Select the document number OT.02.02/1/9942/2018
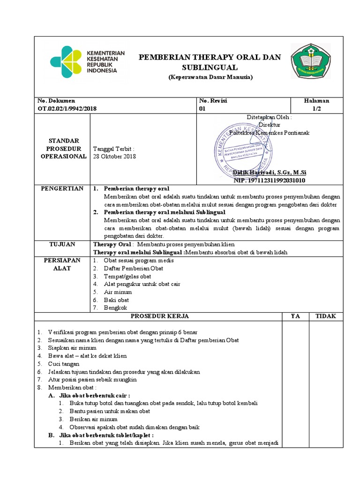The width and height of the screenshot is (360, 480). pyautogui.click(x=67, y=108)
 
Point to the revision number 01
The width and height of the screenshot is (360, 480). pyautogui.click(x=202, y=108)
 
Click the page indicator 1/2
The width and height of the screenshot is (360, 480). pyautogui.click(x=316, y=108)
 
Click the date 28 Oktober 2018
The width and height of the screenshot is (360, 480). pyautogui.click(x=114, y=157)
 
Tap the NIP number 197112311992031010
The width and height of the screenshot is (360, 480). pyautogui.click(x=269, y=180)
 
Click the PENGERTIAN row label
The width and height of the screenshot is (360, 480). pyautogui.click(x=62, y=188)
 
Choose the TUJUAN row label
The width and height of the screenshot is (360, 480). pyautogui.click(x=62, y=244)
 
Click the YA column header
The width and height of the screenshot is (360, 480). pyautogui.click(x=295, y=316)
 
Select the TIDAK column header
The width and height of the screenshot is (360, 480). pyautogui.click(x=325, y=316)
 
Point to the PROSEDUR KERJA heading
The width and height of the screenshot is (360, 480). pyautogui.click(x=159, y=316)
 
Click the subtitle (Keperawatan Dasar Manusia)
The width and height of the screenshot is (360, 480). pyautogui.click(x=210, y=77)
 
